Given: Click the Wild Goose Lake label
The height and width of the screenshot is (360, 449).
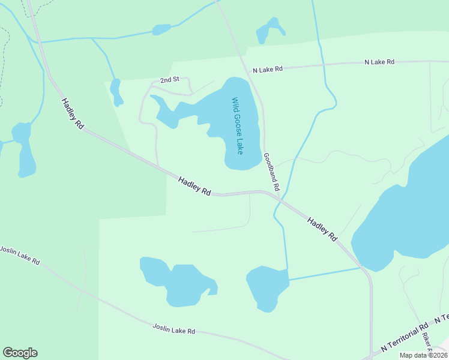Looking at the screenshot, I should pos(237,126).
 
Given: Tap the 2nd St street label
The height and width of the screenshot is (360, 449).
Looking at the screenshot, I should pos(169,80).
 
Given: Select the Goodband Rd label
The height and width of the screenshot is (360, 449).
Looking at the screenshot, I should pos(271,172).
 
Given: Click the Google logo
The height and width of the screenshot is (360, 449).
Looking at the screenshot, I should pos(20,353).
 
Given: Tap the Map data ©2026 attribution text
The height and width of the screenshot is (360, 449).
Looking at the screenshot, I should pos(423,355).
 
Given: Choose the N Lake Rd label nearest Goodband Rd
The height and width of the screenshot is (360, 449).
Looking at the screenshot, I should pos(268,70).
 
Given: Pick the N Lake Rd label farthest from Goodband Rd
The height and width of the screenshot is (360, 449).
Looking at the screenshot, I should pos(379,62).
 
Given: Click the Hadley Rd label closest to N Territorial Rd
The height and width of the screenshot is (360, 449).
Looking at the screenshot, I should pos(322,229).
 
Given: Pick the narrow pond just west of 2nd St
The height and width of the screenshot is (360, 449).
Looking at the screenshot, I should pos(116,92).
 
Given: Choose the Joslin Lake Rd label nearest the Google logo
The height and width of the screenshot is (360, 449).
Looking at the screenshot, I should pos(19,256).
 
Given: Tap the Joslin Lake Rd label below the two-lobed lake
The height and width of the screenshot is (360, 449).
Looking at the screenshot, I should pos(174,330).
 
